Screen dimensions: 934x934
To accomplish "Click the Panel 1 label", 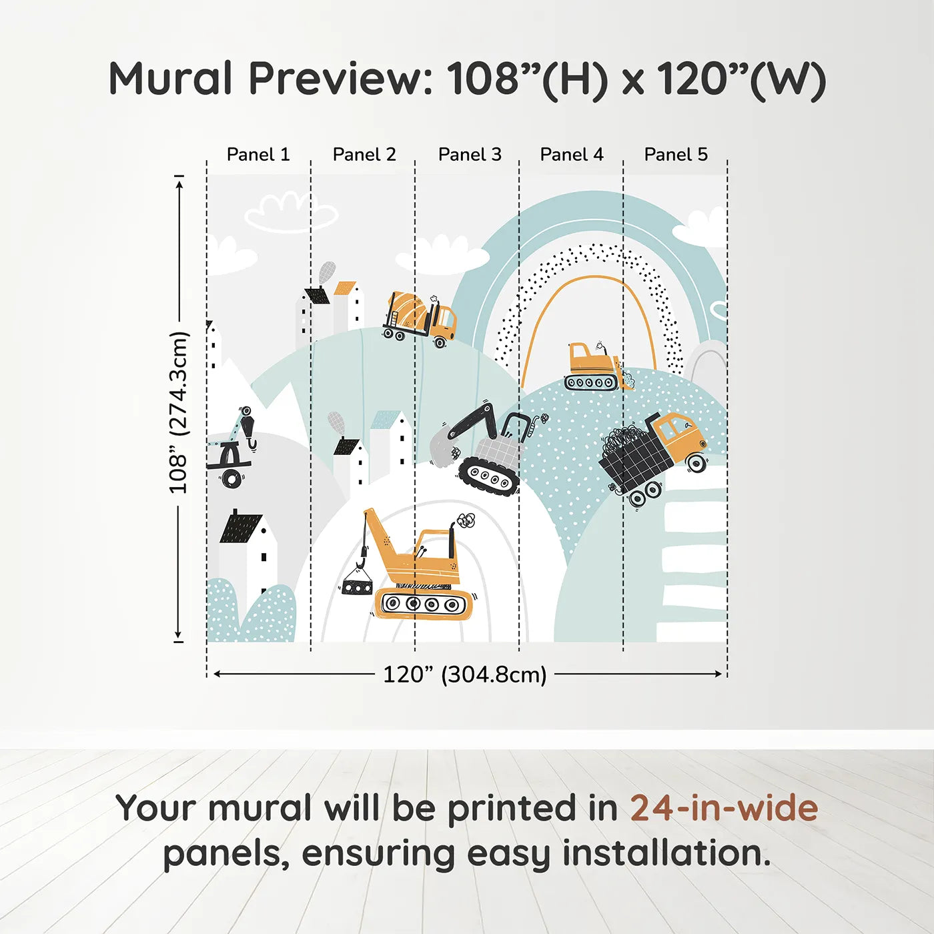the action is [x=258, y=155].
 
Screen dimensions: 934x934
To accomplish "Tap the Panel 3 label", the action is [x=470, y=155].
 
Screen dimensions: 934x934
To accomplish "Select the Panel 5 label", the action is [x=676, y=155].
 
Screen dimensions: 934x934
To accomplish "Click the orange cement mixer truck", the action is [x=419, y=318].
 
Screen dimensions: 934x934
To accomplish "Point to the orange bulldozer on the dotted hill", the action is [x=599, y=366].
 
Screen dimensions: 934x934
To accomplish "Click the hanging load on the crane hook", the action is [x=357, y=586].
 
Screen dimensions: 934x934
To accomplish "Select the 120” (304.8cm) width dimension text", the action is [x=465, y=674].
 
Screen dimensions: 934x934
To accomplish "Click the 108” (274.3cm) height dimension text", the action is [x=178, y=412].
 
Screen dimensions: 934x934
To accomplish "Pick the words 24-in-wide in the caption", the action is [x=724, y=808].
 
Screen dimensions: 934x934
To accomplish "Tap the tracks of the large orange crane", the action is [x=423, y=604].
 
